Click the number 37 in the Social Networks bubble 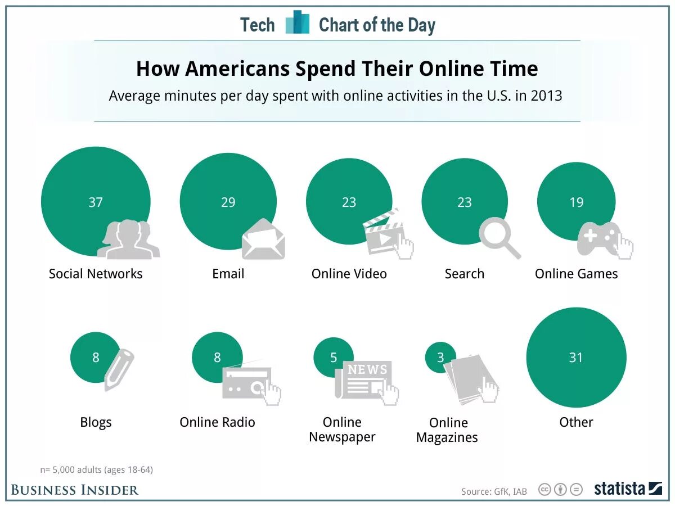pos(96,202)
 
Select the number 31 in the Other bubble pos(576,358)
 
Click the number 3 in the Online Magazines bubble pos(440,358)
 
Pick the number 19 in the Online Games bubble pos(576,202)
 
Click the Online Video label pos(349,274)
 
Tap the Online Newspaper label pos(342,430)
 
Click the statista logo pos(628,489)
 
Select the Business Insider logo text pos(74,490)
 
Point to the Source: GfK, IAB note pos(494,491)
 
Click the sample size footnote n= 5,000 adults pos(96,469)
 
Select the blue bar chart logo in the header pos(298,23)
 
